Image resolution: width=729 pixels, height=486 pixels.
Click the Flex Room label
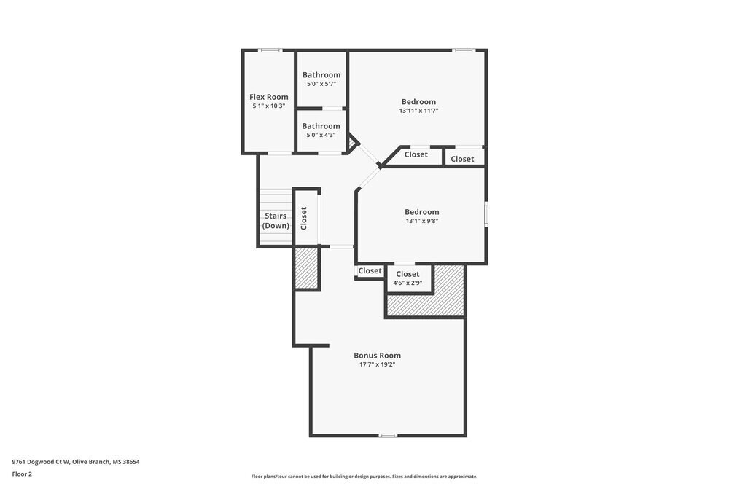(x=268, y=97)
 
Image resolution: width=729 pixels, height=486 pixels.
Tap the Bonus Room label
(x=377, y=356)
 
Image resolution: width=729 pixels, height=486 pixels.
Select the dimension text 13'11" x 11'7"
(x=418, y=111)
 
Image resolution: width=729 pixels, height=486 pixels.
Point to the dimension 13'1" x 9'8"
(x=422, y=221)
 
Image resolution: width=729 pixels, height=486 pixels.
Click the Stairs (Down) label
(x=276, y=221)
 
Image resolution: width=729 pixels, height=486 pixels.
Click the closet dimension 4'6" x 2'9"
(x=408, y=283)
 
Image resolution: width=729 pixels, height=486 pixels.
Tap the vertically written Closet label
(x=304, y=218)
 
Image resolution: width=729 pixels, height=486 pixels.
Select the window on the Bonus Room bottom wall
(x=388, y=436)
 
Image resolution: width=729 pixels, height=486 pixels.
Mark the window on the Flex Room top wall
(x=270, y=50)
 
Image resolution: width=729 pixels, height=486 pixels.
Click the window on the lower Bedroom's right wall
(x=486, y=215)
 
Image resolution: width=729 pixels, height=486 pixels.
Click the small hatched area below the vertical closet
(x=307, y=268)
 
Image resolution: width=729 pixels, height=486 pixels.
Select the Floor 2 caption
(x=22, y=474)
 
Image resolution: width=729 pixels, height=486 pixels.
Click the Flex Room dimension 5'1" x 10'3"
(x=268, y=106)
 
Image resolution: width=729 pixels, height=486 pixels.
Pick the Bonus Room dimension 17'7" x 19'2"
(x=377, y=364)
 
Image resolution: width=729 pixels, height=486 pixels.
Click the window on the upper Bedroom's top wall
(x=464, y=50)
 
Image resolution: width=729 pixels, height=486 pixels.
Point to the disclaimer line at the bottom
(x=364, y=477)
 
